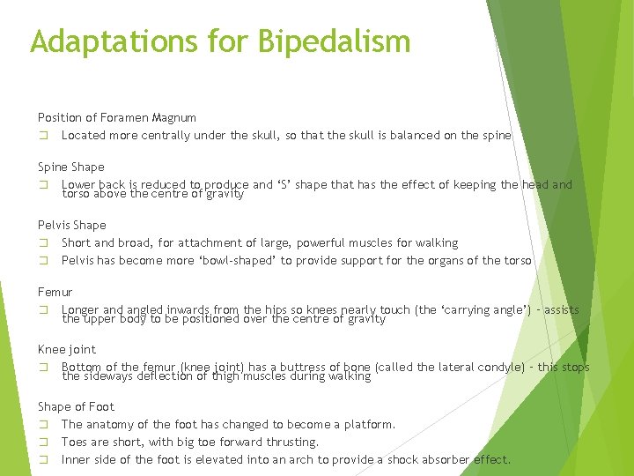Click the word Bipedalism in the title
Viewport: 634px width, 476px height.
point(335,41)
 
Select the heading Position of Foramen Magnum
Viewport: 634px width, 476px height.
point(117,117)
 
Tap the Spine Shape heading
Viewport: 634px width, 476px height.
point(71,167)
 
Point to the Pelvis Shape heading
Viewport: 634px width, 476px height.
point(72,225)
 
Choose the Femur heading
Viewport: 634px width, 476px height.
point(55,292)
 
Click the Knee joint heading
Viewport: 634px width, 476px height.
point(67,349)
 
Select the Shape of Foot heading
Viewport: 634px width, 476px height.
point(77,406)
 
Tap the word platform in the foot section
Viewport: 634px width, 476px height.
point(369,425)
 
